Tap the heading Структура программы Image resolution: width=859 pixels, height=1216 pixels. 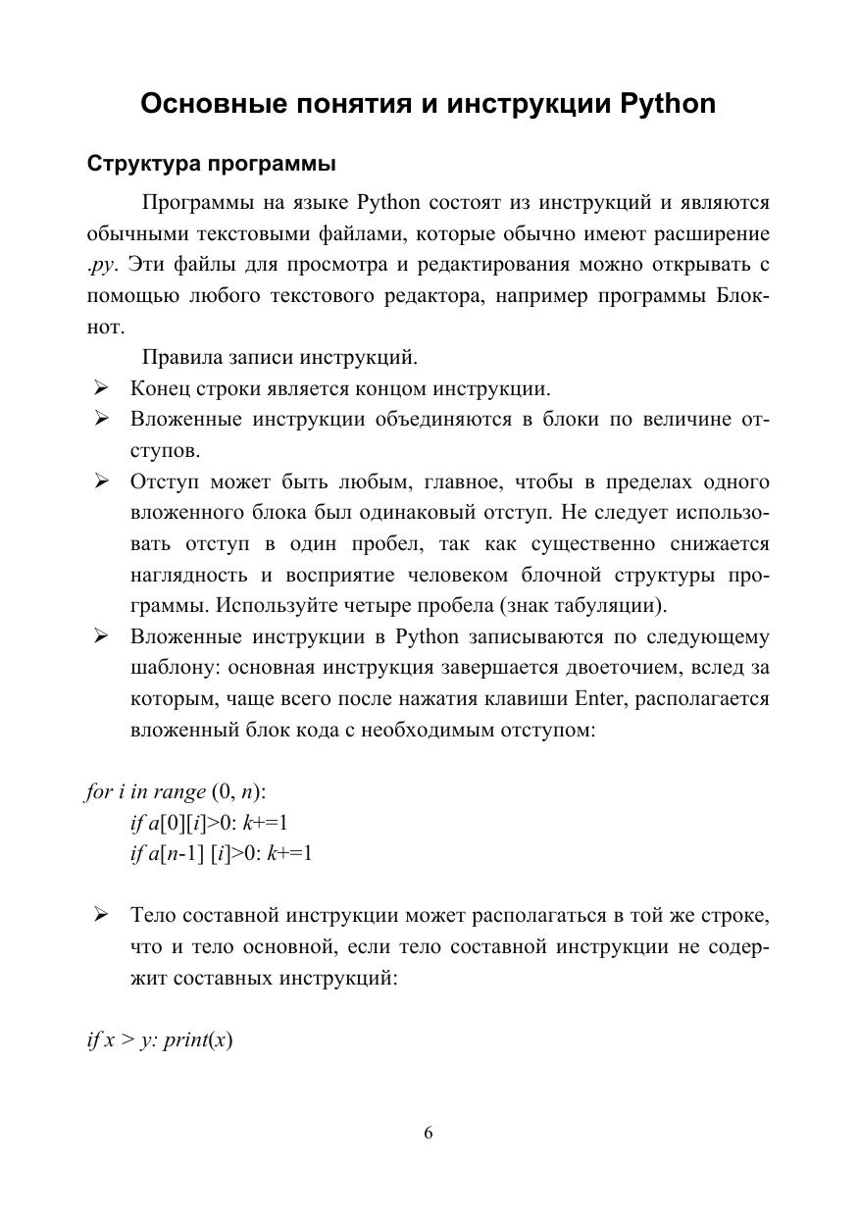[211, 163]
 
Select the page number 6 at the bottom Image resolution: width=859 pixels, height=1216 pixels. [429, 1134]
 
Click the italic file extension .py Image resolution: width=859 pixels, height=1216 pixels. [101, 265]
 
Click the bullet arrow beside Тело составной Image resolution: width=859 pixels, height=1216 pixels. [100, 916]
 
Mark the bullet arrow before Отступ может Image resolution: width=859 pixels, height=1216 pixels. [100, 482]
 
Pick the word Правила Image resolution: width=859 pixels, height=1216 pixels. [183, 357]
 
